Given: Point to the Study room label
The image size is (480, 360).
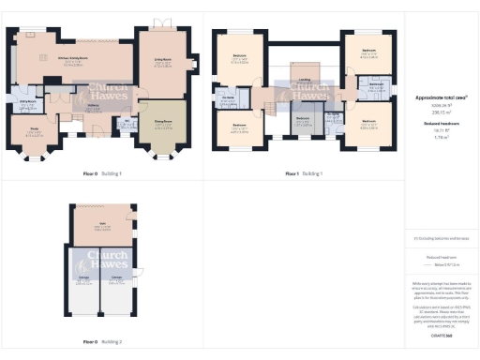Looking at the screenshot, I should (x=33, y=133).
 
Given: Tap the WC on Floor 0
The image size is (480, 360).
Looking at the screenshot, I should (x=123, y=122).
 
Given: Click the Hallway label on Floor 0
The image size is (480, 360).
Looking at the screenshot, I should (x=94, y=106).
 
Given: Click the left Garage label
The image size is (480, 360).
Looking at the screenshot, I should (x=84, y=279).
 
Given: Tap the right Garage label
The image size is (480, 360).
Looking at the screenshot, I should (x=118, y=279).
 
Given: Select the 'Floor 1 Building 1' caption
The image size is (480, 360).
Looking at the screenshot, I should (x=303, y=173).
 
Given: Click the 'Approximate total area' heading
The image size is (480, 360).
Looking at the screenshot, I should (x=440, y=97).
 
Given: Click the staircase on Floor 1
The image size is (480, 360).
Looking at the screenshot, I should (x=282, y=96).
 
